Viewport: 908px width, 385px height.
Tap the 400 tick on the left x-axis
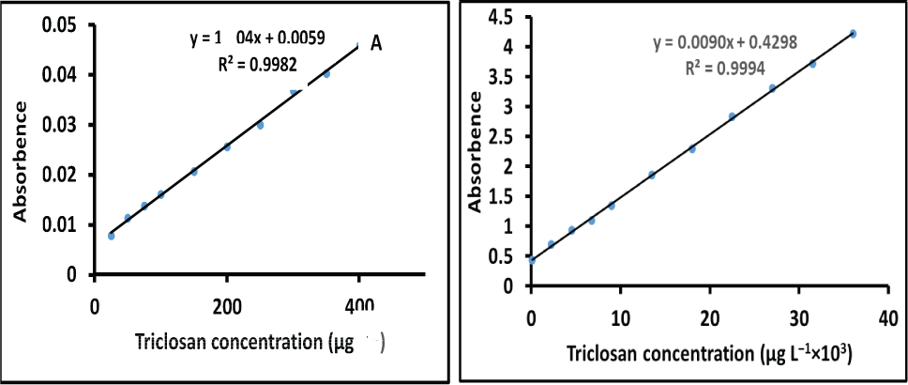(x=359, y=306)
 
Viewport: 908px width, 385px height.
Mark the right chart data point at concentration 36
(x=853, y=34)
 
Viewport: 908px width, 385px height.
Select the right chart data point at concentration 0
(x=532, y=260)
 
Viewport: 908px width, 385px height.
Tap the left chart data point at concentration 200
(x=227, y=147)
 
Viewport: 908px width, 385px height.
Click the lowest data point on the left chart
(x=111, y=236)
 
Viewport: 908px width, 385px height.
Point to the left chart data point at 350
(x=326, y=74)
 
